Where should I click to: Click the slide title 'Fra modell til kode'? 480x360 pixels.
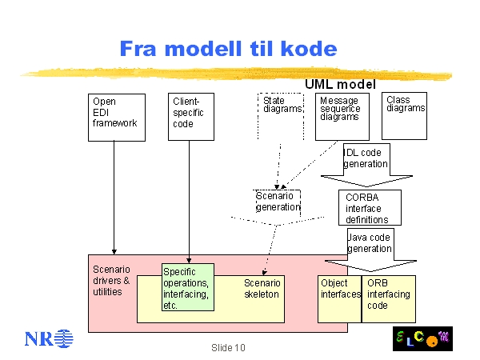pos(228,49)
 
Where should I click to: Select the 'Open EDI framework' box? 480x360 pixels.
pos(115,117)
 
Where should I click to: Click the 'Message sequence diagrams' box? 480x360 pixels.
pos(342,117)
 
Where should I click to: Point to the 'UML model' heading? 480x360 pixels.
pos(339,83)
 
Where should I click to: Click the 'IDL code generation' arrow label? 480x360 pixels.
pos(366,158)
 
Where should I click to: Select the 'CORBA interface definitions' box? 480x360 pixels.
pos(370,208)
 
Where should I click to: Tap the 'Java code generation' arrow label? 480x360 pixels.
pos(370,242)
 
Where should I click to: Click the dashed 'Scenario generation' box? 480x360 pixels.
pos(277,202)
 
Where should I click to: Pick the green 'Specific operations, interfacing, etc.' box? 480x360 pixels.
pos(189,288)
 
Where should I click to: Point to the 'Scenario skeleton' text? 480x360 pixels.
pos(262,289)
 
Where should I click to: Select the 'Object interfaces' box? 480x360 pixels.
pos(340,299)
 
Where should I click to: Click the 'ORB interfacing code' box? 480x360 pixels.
pos(389,299)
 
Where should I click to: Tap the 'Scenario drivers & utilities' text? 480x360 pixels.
pos(111,280)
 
